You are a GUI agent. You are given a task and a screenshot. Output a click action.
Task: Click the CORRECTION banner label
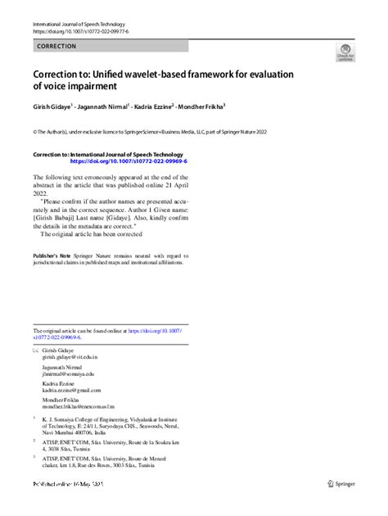point(57,47)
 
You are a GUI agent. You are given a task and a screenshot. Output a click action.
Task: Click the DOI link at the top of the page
point(72,31)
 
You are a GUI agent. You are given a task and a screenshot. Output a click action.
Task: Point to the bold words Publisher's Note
point(52,256)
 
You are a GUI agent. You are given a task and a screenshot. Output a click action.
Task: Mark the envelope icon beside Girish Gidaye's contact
point(35,351)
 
